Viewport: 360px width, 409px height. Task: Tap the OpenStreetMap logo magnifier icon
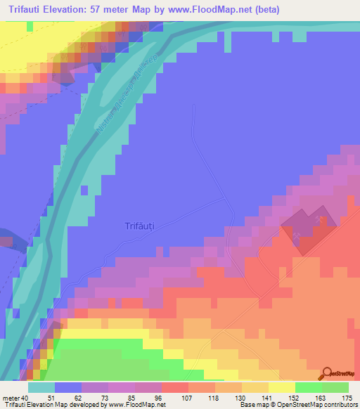(x=328, y=373)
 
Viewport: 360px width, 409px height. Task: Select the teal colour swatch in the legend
(x=41, y=387)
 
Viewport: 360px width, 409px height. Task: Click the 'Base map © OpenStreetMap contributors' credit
(x=297, y=405)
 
